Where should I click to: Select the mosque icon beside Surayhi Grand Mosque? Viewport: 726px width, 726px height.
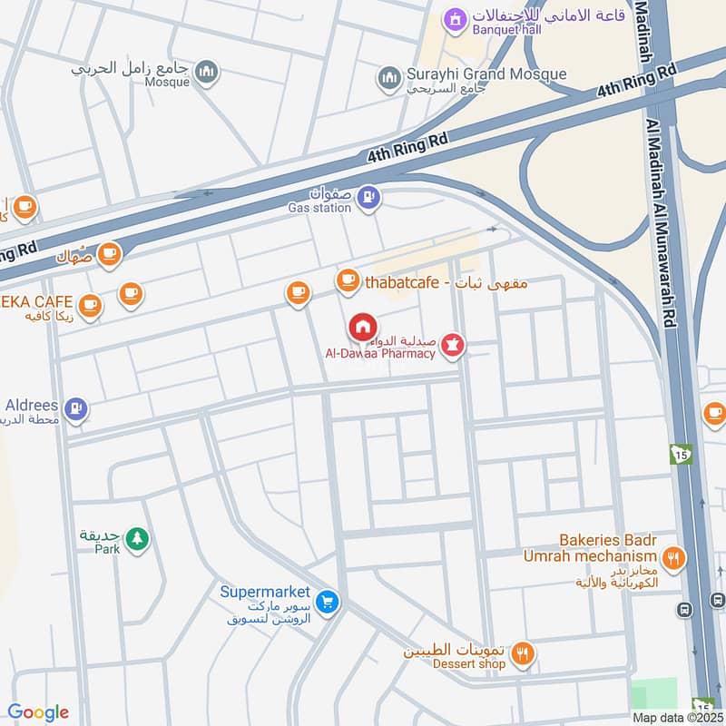390,77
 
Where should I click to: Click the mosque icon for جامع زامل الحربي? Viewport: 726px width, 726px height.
208,71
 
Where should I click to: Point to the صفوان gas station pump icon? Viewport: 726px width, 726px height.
368,196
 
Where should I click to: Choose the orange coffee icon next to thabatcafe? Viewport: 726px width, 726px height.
347,281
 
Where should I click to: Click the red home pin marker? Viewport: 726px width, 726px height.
362,327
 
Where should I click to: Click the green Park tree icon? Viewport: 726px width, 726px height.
136,538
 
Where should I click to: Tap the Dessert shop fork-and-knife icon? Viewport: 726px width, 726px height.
523,652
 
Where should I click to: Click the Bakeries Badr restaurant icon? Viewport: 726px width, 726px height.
673,558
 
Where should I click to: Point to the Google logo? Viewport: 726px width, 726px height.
38,712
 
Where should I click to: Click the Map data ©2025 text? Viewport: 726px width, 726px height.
676,717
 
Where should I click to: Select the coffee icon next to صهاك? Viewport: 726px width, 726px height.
109,253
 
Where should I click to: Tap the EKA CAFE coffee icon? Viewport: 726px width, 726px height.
89,306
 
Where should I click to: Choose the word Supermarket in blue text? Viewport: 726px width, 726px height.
265,592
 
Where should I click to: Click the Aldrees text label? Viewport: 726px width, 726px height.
32,405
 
